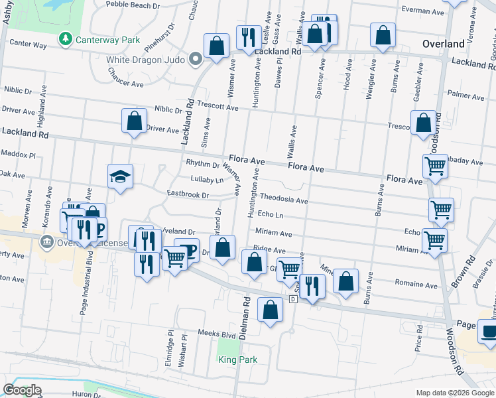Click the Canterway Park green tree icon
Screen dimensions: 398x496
(x=65, y=39)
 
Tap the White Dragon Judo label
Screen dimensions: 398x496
(x=147, y=59)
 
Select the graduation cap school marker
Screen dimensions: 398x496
(x=120, y=176)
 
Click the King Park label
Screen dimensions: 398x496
(x=238, y=360)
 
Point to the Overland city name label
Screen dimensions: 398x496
(x=443, y=44)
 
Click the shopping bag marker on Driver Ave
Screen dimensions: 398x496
(x=134, y=121)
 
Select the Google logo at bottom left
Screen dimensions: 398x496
(x=23, y=390)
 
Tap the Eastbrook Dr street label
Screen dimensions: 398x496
(x=188, y=195)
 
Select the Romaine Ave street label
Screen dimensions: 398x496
(x=415, y=285)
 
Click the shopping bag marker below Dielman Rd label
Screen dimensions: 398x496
(x=270, y=310)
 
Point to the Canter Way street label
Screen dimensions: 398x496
(x=28, y=45)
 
